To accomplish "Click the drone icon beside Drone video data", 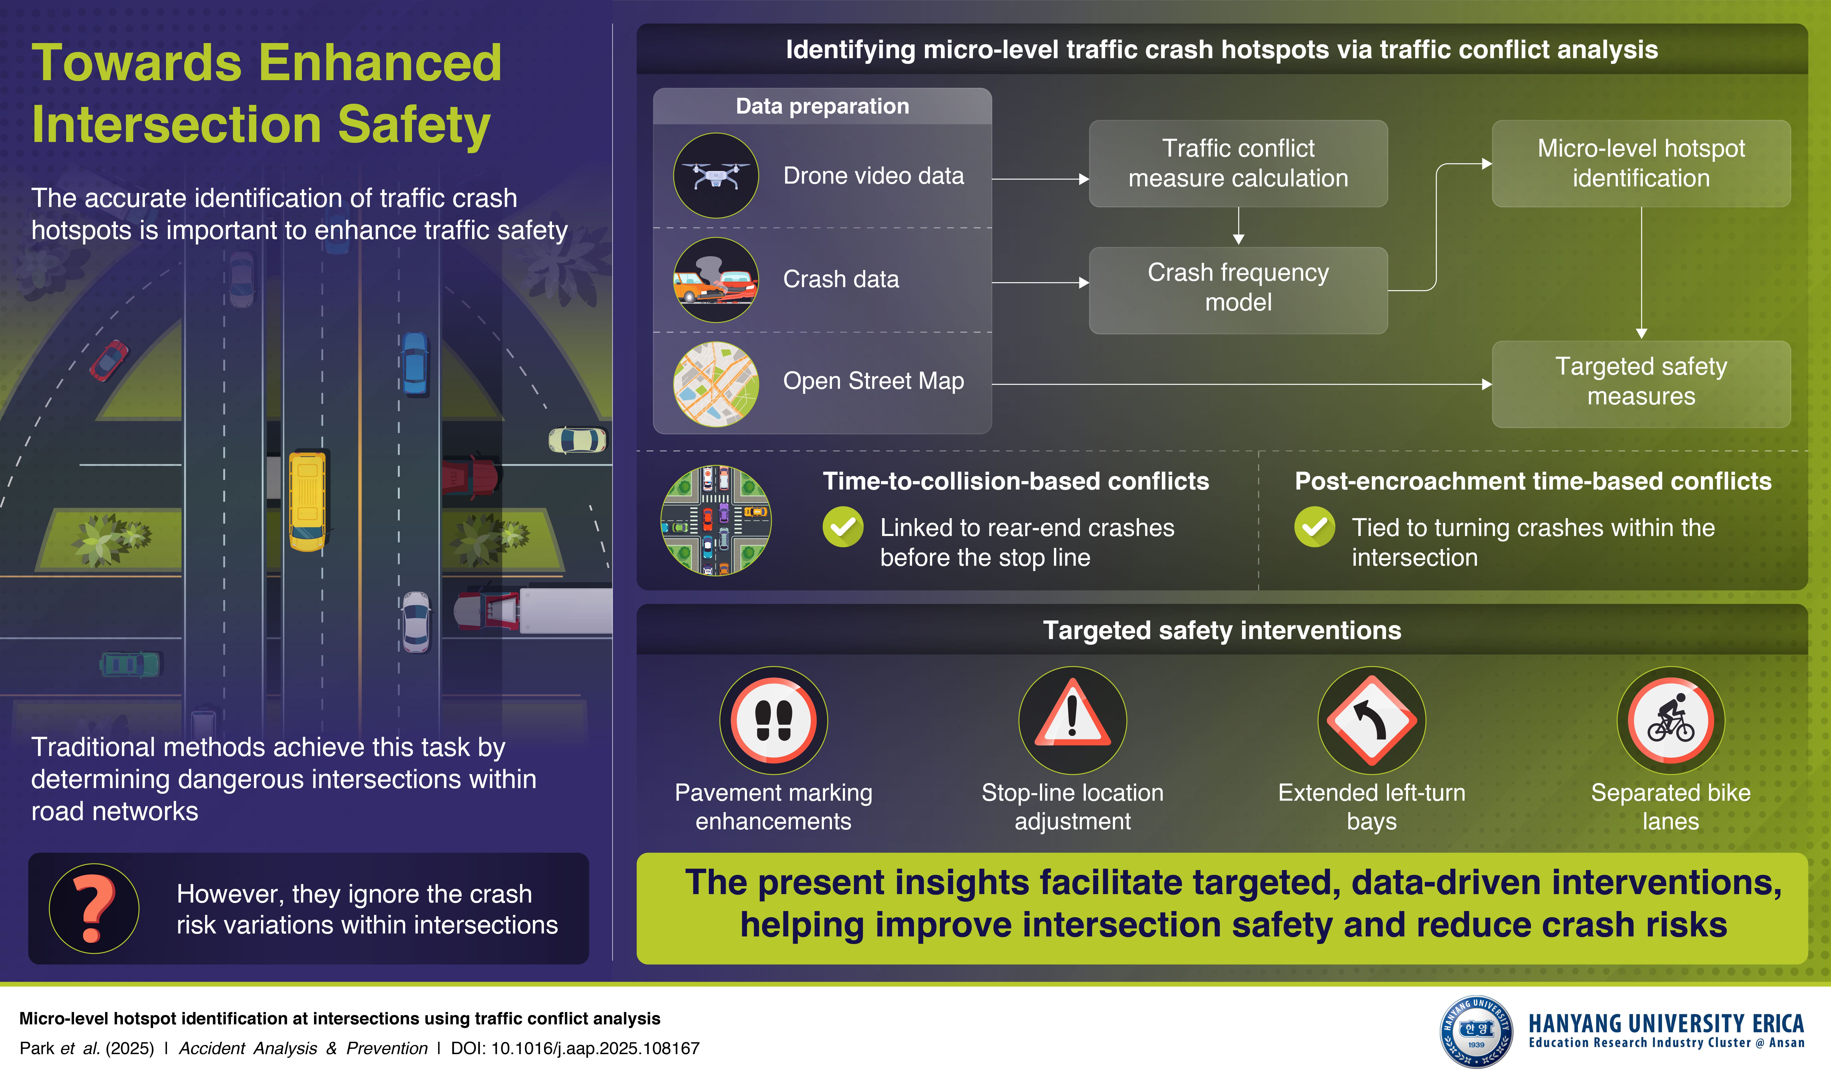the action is coord(716,175).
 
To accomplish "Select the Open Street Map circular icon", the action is coord(716,384).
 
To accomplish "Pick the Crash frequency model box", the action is coord(1238,290).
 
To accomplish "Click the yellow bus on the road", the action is coord(308,501).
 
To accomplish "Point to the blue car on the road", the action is coord(415,362).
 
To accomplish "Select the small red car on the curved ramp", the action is coord(108,360).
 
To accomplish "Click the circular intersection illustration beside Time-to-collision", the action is coord(716,520).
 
